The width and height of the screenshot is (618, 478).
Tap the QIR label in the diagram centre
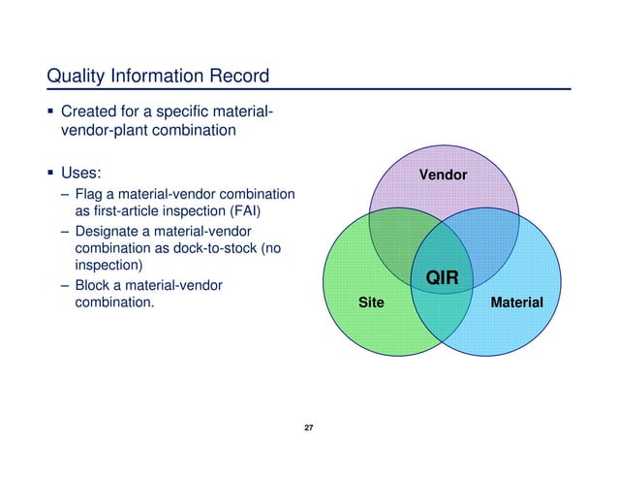(442, 279)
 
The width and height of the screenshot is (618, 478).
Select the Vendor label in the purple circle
(443, 175)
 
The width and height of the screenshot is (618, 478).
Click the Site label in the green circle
(371, 303)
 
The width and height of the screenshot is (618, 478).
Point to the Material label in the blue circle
(516, 303)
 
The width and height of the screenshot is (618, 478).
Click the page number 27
(309, 429)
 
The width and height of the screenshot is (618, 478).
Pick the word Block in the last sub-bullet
(94, 285)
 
